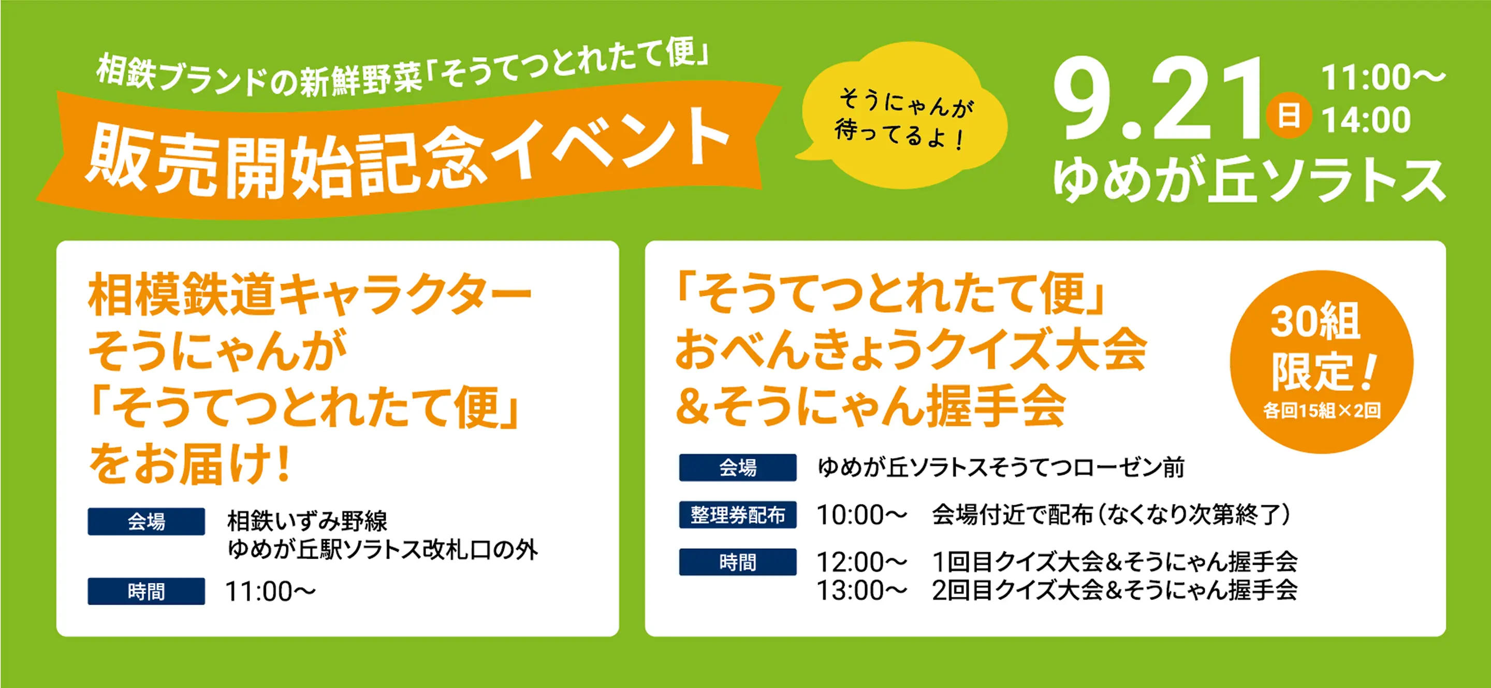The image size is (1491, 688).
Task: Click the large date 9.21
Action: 1157,98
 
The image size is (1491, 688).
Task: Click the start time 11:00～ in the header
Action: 1383,78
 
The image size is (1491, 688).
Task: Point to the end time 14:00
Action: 1366,120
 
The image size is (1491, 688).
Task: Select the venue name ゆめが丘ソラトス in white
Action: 1249,180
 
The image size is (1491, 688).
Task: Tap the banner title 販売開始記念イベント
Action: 408,153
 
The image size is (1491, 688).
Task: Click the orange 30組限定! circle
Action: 1322,362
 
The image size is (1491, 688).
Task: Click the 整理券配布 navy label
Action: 737,515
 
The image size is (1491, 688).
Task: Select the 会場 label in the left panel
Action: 146,521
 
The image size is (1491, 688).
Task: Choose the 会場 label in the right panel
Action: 737,467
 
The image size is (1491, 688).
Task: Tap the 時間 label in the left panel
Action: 146,591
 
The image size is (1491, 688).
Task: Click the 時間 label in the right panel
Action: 737,562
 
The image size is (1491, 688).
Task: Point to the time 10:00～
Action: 862,515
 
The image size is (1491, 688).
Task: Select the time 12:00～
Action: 862,562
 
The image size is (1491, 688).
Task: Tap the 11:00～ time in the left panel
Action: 271,591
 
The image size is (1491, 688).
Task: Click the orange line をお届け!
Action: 189,463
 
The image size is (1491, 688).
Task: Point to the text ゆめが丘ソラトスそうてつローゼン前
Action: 1001,467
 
